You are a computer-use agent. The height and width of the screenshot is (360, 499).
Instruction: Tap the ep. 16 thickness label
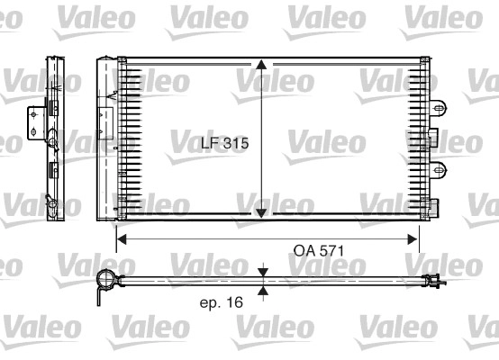click(221, 302)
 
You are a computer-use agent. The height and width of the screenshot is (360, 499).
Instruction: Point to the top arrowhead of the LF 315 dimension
click(261, 66)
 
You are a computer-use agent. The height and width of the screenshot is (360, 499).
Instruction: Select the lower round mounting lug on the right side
click(439, 165)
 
